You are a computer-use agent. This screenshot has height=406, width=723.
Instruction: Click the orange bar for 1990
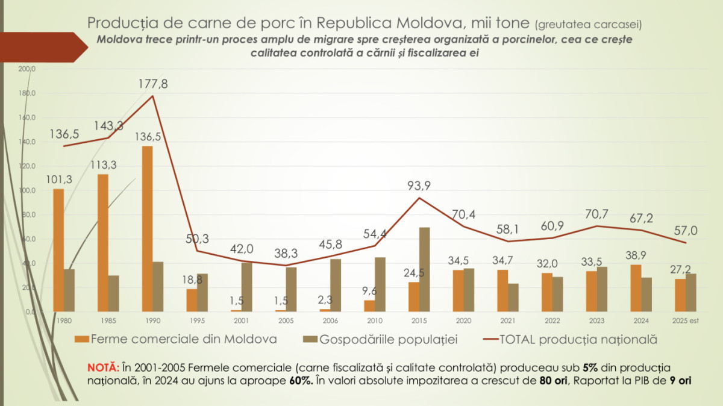point(147,229)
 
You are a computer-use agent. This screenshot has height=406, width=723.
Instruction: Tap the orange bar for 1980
point(58,250)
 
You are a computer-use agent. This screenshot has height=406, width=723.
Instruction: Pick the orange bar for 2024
point(636,288)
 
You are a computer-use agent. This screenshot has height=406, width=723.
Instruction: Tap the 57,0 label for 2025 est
point(686,230)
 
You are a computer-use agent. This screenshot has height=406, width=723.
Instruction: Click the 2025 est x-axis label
point(686,321)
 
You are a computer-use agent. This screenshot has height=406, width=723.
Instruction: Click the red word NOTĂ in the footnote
point(103,367)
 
